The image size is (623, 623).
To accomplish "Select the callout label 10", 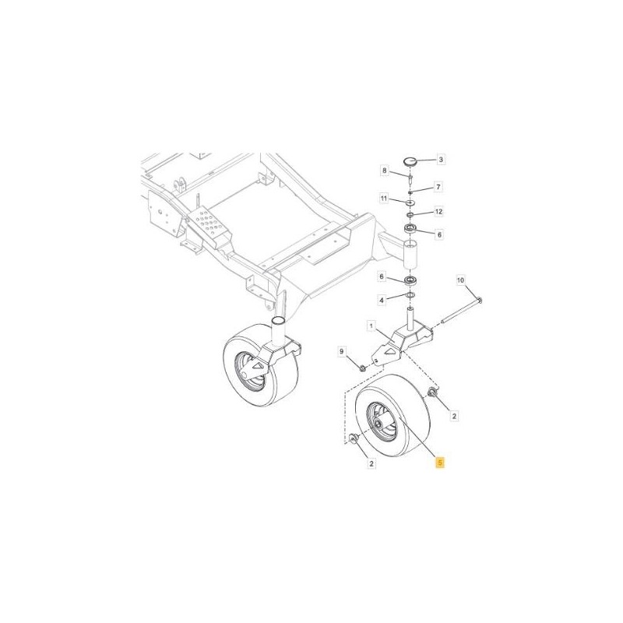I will tap(459, 280).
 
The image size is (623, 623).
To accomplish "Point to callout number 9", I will tap(340, 354).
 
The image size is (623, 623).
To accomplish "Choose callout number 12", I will tap(438, 212).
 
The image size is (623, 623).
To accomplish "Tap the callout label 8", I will tap(385, 171).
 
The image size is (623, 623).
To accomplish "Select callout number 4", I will tap(382, 299).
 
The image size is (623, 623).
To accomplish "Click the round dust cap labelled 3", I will tap(410, 161).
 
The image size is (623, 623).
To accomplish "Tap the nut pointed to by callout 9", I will tap(364, 366).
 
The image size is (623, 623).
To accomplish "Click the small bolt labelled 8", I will tap(410, 178).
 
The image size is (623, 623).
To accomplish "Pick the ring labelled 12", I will tap(410, 213).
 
